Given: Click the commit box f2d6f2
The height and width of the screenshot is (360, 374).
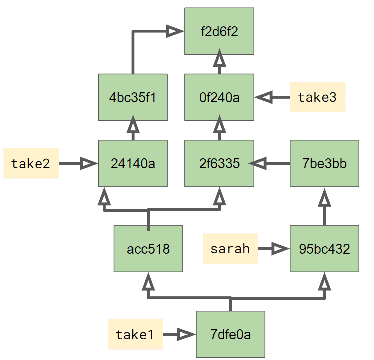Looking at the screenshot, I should tap(219, 31).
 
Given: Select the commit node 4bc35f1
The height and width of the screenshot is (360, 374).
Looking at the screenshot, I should tap(133, 97).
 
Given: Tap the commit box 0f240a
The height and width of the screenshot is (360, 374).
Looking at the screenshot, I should tap(219, 97).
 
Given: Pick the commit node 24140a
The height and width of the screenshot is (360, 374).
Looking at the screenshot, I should tap(133, 163).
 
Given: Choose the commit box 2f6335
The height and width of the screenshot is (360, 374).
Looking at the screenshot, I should tap(219, 163).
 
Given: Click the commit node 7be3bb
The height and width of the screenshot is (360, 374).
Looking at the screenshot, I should tap(325, 163).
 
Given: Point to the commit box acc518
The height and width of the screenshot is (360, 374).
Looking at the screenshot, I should tap(148, 248).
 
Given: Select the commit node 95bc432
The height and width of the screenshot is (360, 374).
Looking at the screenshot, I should tap(325, 248).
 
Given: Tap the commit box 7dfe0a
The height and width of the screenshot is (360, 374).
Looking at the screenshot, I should tap(230, 334).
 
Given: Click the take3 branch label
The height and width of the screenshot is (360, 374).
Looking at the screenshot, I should tap(317, 97).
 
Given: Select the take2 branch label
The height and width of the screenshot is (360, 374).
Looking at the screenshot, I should tap(31, 163).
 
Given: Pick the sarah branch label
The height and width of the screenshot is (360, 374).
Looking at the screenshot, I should tap(230, 248).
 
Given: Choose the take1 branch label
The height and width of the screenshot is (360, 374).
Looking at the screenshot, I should tap(135, 334).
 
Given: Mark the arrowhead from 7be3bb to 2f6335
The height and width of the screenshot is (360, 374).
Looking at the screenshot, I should tap(258, 163).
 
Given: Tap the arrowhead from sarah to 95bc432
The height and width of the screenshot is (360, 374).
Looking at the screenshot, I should tap(280, 248).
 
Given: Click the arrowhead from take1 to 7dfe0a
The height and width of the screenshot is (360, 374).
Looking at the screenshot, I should tap(186, 334).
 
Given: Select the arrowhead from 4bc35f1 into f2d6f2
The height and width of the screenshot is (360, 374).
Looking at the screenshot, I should tap(175, 31).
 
